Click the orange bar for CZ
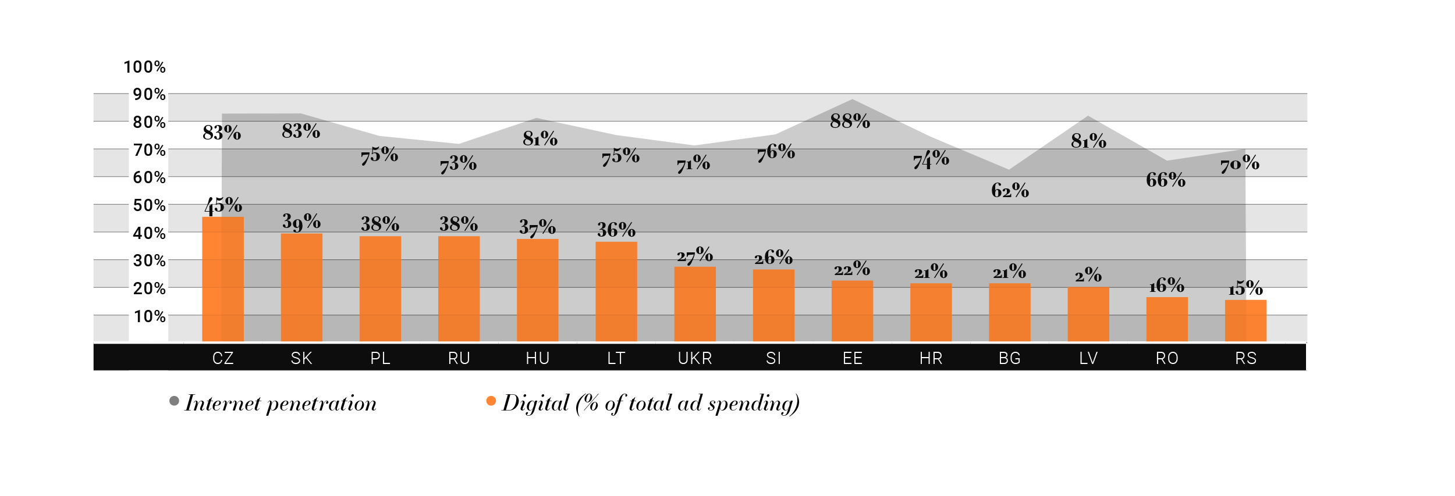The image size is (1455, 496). tap(223, 279)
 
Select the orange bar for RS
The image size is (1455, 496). tap(1245, 320)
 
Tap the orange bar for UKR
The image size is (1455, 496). tap(695, 304)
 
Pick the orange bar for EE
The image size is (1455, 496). tap(852, 311)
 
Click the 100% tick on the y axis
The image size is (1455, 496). tap(144, 67)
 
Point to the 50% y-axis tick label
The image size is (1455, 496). tap(150, 205)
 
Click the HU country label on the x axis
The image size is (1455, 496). tap(538, 358)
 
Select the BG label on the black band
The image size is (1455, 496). tap(1010, 358)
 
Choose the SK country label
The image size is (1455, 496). tap(301, 358)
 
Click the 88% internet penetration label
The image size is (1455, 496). tap(850, 121)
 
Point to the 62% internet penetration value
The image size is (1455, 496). tap(1010, 190)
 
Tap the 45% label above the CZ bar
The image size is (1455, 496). tap(223, 205)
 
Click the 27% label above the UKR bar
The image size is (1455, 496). tap(694, 255)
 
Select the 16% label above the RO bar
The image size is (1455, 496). tap(1166, 286)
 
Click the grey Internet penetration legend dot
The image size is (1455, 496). tap(174, 401)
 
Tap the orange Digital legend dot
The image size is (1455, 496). tap(491, 401)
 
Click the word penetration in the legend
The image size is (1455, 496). tap(321, 404)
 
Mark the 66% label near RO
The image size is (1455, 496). tap(1165, 180)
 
